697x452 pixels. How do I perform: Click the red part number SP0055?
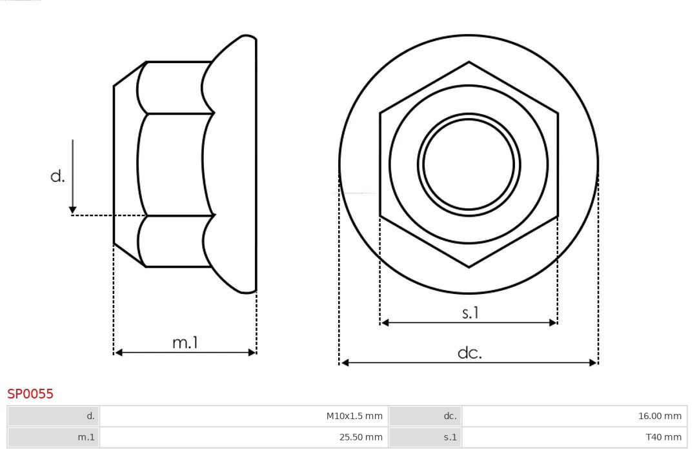tap(30, 394)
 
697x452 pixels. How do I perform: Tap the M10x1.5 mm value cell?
tap(244, 416)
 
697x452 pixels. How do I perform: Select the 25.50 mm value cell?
tap(244, 437)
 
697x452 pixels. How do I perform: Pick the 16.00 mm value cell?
tap(574, 416)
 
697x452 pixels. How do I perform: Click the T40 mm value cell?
tap(574, 437)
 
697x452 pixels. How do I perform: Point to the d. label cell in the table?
tap(54, 416)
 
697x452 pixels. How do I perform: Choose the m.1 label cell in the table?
tap(54, 437)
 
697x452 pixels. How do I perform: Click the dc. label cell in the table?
tap(426, 416)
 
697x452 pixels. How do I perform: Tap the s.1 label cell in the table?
tap(426, 437)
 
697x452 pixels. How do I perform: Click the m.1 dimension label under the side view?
tap(185, 342)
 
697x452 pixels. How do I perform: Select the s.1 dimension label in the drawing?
tap(470, 313)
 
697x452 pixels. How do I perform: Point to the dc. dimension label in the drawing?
tap(469, 353)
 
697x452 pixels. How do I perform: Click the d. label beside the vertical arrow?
tap(57, 176)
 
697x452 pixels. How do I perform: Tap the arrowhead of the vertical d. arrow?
tap(73, 210)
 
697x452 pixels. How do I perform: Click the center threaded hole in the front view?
tap(469, 164)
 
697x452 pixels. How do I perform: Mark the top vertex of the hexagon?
tap(469, 63)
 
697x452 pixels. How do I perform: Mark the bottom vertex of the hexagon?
tap(469, 266)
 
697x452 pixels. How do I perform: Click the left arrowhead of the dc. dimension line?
tap(344, 363)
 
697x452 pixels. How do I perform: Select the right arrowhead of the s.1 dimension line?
tap(553, 322)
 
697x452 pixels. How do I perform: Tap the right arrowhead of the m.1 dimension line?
tap(252, 352)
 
